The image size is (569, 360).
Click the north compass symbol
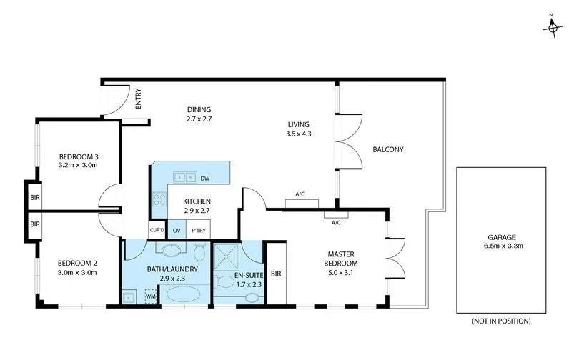pyautogui.click(x=553, y=26)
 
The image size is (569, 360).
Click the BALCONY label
pyautogui.click(x=388, y=149)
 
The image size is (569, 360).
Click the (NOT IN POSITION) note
pyautogui.click(x=500, y=321)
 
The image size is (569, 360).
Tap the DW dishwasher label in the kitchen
pyautogui.click(x=205, y=178)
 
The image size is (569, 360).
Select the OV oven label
pyautogui.click(x=176, y=230)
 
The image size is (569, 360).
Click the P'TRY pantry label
pyautogui.click(x=198, y=230)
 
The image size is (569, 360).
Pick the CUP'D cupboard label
pyautogui.click(x=157, y=230)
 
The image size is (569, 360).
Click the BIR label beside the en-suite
pyautogui.click(x=276, y=273)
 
